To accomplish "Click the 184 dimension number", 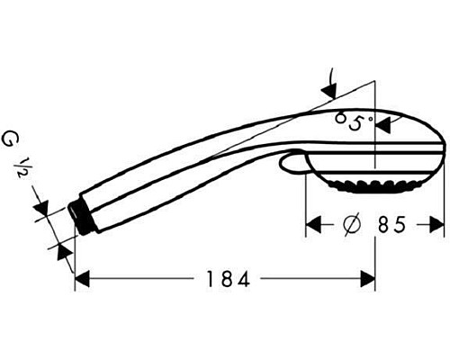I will (224, 280).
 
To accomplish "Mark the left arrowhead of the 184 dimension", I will (82, 280).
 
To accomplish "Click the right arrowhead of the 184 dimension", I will (367, 280).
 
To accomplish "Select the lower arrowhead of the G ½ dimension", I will (62, 249).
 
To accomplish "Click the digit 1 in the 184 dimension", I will (208, 280).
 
